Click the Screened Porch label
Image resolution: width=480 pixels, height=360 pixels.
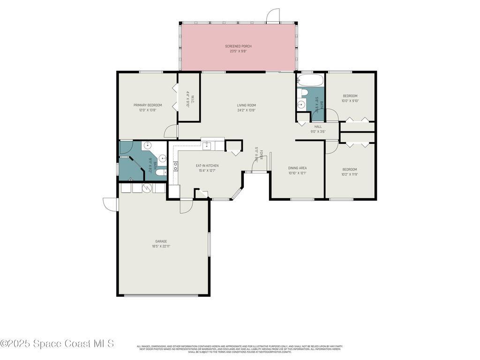[x=238, y=46]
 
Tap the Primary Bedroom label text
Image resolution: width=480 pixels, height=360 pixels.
[x=148, y=105]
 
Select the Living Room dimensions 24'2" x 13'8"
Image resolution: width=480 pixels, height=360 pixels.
[x=246, y=111]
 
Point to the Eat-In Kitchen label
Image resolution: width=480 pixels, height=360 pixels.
[x=207, y=165]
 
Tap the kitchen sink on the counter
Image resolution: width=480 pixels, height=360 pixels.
[x=208, y=145]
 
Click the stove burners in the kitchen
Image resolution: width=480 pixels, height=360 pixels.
[x=175, y=165]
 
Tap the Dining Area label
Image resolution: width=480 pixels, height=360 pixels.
[x=297, y=168]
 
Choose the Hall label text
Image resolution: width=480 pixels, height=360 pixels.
[x=318, y=127]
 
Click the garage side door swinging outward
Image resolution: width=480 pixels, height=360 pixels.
[x=110, y=204]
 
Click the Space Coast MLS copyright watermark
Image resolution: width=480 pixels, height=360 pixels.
[x=57, y=344]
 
